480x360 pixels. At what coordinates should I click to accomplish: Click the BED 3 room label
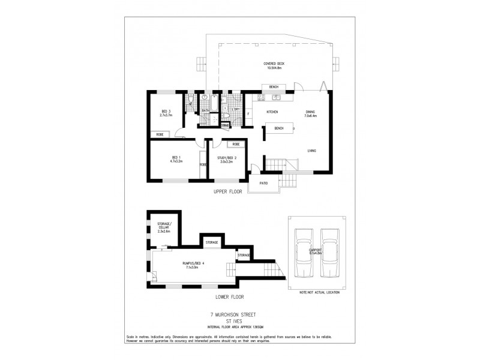coord(166,111)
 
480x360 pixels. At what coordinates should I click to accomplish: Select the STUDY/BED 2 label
coord(227,157)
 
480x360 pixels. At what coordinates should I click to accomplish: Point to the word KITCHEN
coord(272,112)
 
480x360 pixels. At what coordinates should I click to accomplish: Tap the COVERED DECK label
coord(273,64)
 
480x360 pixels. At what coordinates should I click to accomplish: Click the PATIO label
coord(263,182)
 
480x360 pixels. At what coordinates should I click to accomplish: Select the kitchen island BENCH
coord(279,128)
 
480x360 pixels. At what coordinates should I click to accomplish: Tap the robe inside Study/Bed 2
coord(236,145)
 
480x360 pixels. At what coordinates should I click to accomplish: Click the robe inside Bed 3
coord(160,134)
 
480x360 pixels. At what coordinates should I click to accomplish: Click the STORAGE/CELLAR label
coord(164,227)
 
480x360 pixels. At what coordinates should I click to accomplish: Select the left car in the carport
coord(302,253)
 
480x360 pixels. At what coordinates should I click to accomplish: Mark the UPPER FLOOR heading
coord(227,192)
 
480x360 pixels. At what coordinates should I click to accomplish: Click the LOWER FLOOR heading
coord(228,296)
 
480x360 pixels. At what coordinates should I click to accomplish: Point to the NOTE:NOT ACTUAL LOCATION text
coord(319,292)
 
